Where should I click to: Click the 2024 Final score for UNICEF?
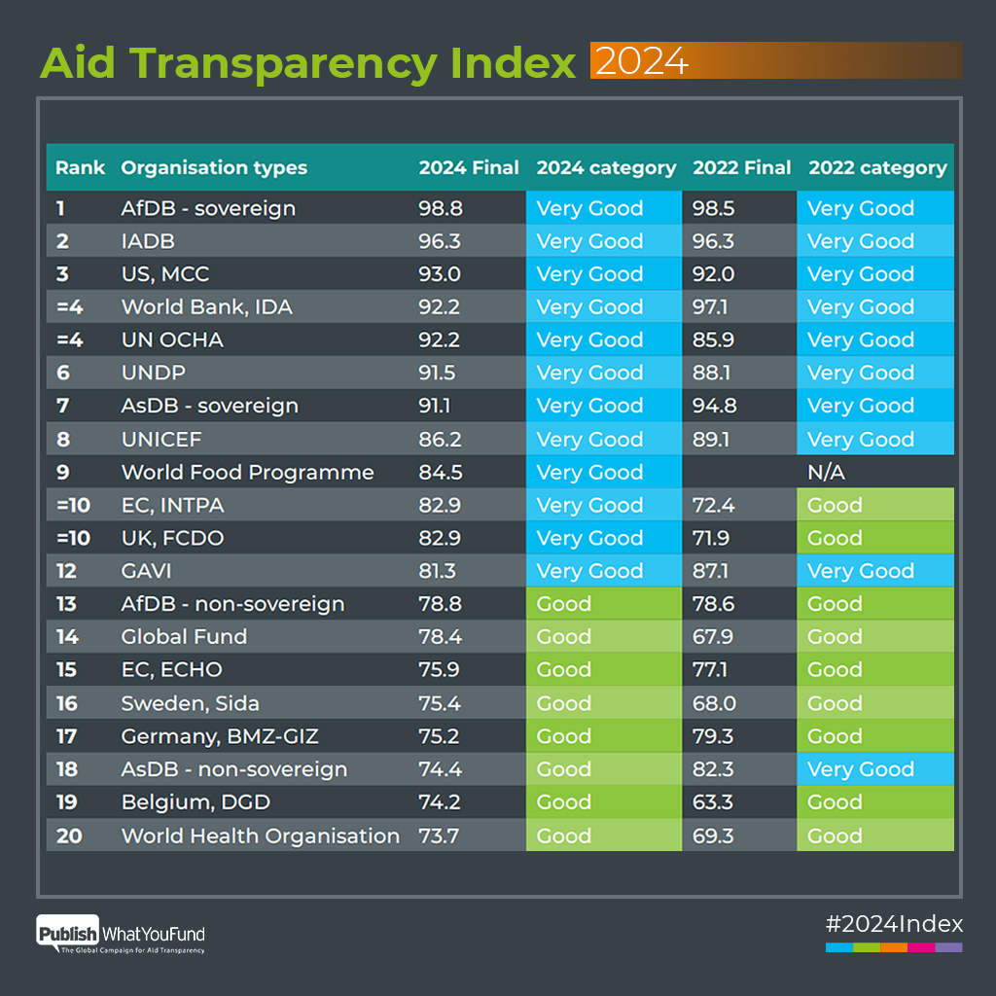[x=441, y=439]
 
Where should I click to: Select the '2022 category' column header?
[x=877, y=167]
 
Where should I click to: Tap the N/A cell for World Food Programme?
[x=825, y=472]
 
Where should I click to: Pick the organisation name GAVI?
[x=146, y=571]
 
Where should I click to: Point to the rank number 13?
[x=66, y=604]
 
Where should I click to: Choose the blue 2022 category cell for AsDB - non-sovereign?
[x=874, y=769]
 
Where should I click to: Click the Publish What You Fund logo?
[x=122, y=935]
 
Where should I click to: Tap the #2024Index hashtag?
[x=893, y=923]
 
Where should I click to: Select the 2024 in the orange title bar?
[x=642, y=61]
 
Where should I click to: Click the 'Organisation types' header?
[x=214, y=167]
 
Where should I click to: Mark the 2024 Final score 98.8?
[x=441, y=208]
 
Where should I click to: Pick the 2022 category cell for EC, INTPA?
[x=874, y=505]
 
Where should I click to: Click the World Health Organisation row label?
[x=260, y=836]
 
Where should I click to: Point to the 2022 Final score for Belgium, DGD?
[x=713, y=802]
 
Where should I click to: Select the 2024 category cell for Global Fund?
[x=603, y=637]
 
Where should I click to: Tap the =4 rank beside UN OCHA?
[x=69, y=339]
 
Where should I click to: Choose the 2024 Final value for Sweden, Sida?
[x=441, y=703]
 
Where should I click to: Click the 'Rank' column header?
[x=80, y=167]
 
